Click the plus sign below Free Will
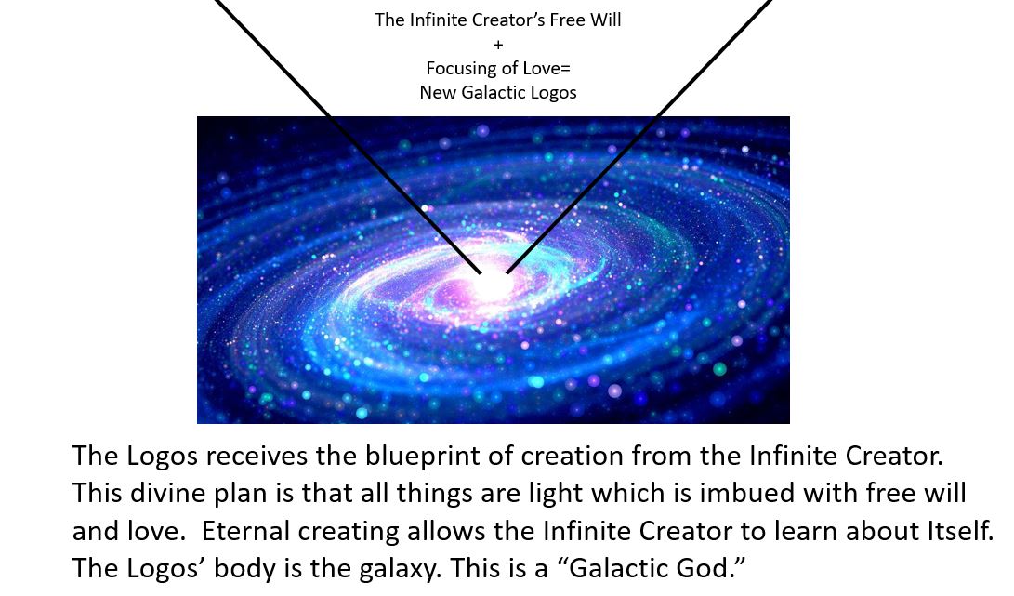(x=498, y=45)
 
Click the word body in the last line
(x=244, y=569)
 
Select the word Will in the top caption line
(x=606, y=20)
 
